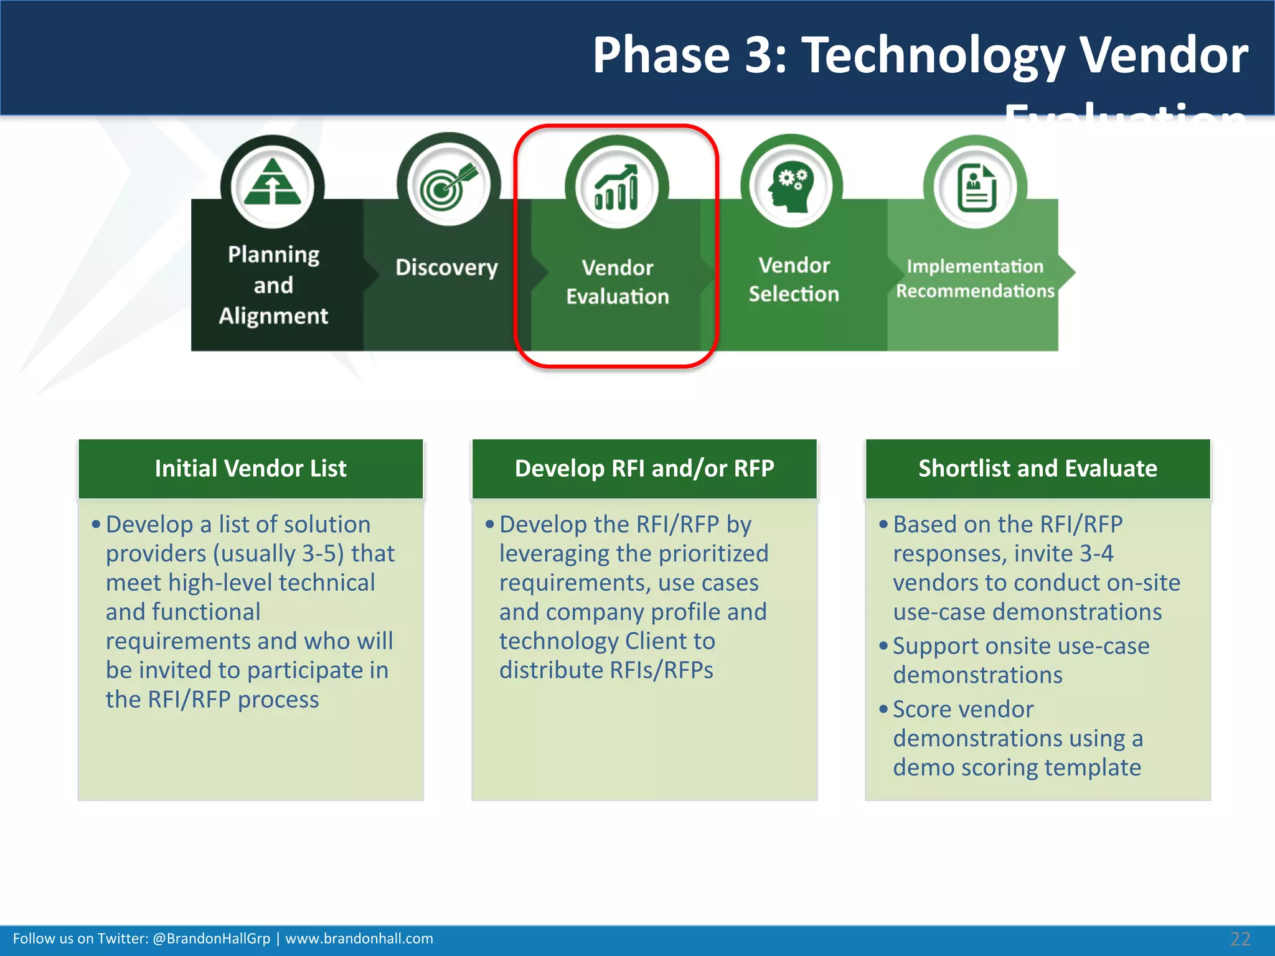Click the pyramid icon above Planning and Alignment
(x=272, y=183)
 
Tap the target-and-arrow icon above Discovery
(x=448, y=184)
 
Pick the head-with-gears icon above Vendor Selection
(x=791, y=187)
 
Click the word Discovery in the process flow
(x=446, y=268)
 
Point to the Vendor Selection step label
(x=794, y=279)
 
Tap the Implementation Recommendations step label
(x=975, y=278)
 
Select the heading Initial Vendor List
(x=250, y=469)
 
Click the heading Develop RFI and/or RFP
(x=644, y=469)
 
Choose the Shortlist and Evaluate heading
(x=1038, y=469)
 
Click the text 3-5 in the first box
(x=319, y=554)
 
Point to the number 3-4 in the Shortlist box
(x=1096, y=554)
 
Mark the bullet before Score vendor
(x=883, y=709)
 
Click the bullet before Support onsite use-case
(x=883, y=646)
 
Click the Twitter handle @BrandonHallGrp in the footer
(x=211, y=939)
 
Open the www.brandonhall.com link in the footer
(x=359, y=939)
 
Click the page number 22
(x=1240, y=939)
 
